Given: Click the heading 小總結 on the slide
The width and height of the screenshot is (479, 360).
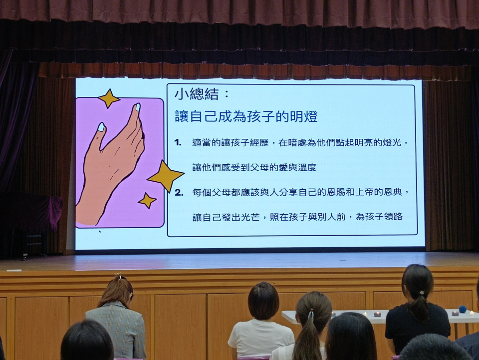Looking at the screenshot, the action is pyautogui.click(x=197, y=94).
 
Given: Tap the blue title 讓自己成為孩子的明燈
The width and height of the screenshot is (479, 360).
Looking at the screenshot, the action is pyautogui.click(x=246, y=117).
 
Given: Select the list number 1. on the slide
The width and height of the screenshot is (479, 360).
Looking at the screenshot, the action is pyautogui.click(x=178, y=143).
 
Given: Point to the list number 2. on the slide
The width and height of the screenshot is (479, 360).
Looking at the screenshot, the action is pyautogui.click(x=179, y=193).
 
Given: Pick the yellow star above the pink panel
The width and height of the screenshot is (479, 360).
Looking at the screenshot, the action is pyautogui.click(x=109, y=98).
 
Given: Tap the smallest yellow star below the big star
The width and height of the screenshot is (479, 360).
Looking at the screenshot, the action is pyautogui.click(x=148, y=201).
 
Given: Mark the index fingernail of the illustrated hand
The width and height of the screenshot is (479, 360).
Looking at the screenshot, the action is pyautogui.click(x=138, y=107).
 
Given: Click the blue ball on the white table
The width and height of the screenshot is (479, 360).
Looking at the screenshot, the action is pyautogui.click(x=463, y=309).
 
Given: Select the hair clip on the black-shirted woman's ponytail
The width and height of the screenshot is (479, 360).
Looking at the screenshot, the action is pyautogui.click(x=422, y=293).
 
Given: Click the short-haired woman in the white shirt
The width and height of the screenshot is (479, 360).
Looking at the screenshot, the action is pyautogui.click(x=261, y=321).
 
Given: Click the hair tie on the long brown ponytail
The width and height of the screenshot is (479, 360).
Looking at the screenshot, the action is pyautogui.click(x=311, y=314).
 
